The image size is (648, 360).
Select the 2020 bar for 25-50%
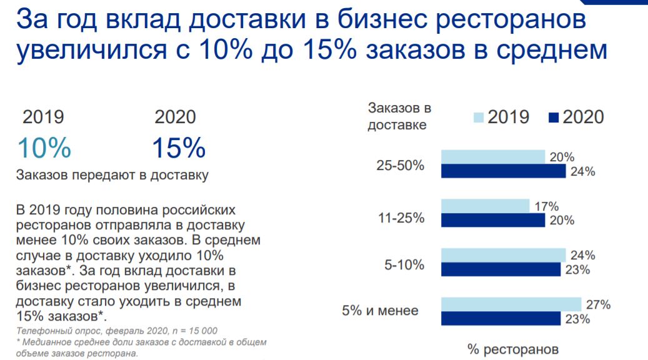[x=503, y=171]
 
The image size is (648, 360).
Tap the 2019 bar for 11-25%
[x=485, y=206]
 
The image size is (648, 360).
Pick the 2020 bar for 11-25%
[x=493, y=221]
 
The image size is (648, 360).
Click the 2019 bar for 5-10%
[x=503, y=255]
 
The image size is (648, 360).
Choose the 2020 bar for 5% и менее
[x=501, y=319]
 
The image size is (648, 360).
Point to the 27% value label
[x=598, y=305]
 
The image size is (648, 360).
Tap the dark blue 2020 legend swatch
[x=553, y=117]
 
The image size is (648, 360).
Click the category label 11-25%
[x=401, y=218]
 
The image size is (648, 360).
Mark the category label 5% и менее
[x=380, y=310]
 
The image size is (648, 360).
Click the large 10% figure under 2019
[x=44, y=149]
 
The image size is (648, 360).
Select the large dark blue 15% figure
[x=179, y=149]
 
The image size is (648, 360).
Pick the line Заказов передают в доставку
[x=112, y=175]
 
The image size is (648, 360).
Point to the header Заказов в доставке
[x=399, y=116]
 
